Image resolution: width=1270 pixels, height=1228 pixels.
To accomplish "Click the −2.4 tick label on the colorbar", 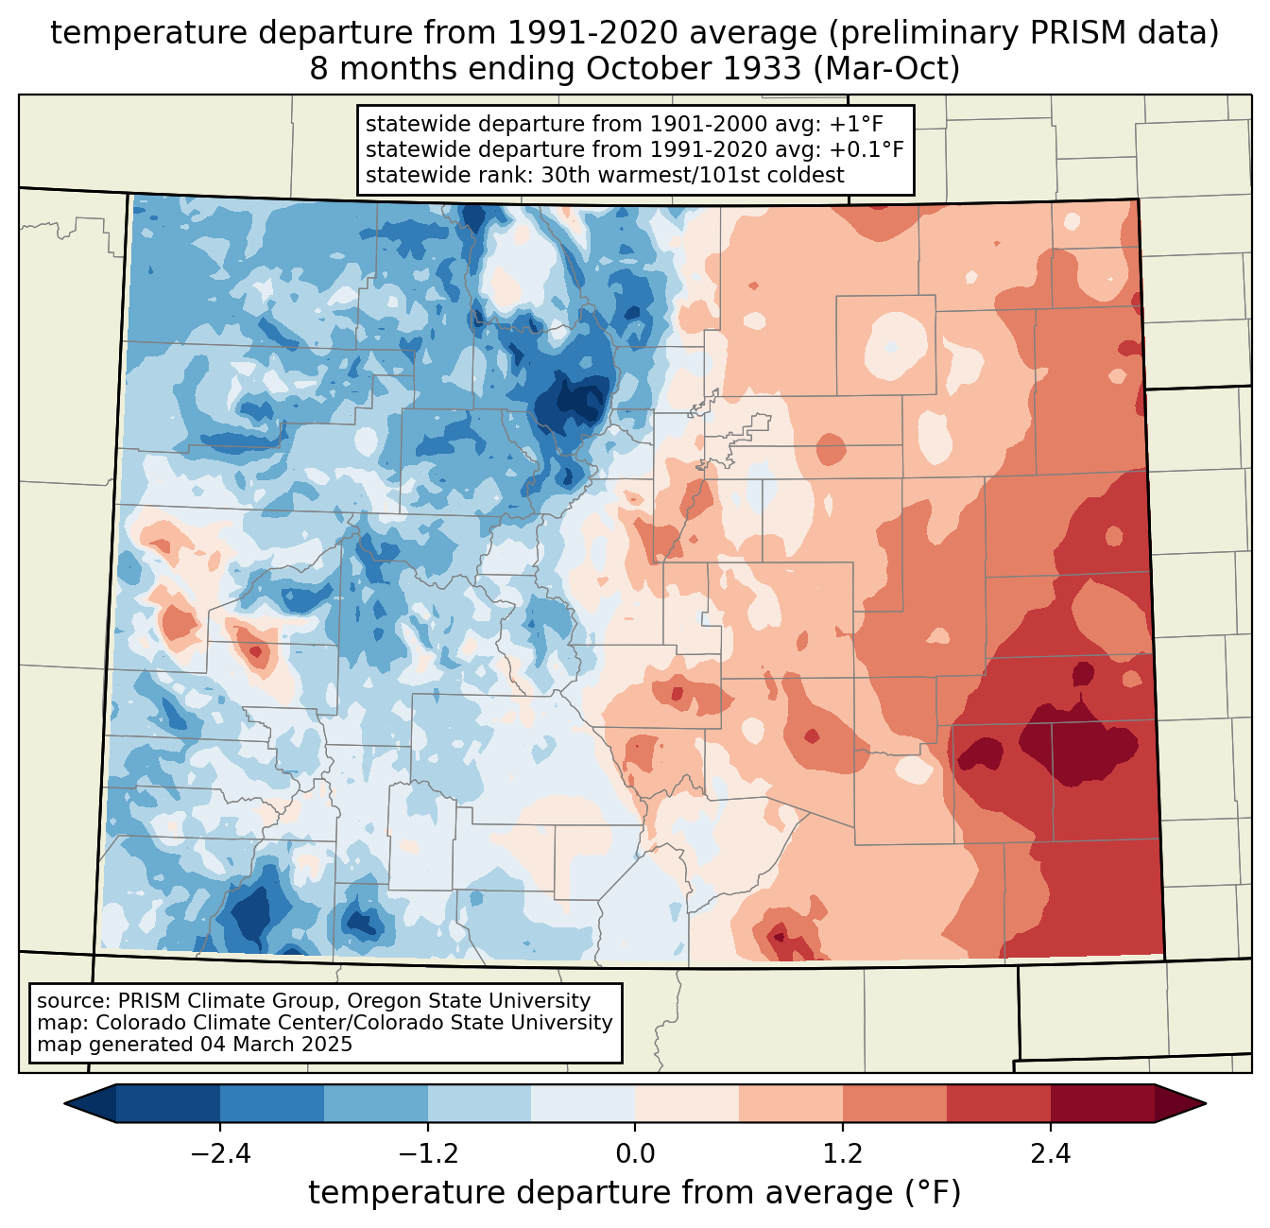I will coord(220,1154).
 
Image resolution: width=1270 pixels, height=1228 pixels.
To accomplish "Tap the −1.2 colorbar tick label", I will coord(427,1154).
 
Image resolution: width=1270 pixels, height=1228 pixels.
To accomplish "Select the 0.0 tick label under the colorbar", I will coord(635,1154).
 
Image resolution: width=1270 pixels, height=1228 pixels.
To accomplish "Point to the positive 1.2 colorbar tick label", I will coord(843,1154).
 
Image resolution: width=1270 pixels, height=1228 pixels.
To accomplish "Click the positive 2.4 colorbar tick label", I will coord(1050,1154).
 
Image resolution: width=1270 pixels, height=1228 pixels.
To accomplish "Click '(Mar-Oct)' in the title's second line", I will coord(887,69).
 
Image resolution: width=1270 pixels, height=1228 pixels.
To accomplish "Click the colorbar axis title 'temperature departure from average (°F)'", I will coord(634,1194).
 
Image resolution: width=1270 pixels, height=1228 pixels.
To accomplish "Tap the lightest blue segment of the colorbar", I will coord(583,1103).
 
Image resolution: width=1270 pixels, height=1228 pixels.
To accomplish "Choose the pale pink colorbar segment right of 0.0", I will coord(687,1103).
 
